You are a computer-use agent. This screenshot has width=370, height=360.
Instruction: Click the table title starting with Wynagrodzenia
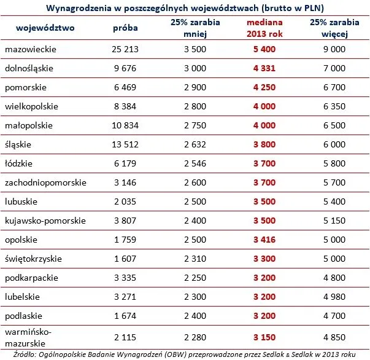(x=185, y=7)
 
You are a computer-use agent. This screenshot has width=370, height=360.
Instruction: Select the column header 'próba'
(x=125, y=28)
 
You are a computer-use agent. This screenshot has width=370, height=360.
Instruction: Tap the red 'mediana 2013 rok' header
(x=263, y=28)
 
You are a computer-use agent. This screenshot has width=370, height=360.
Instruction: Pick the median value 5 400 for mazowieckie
(x=263, y=49)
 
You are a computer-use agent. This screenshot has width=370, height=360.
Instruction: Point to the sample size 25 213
(x=125, y=49)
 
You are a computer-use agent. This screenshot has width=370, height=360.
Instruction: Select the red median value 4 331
(x=263, y=68)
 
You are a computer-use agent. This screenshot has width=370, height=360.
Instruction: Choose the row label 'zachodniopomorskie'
(x=45, y=182)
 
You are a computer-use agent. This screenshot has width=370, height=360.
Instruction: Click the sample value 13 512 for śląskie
(x=125, y=144)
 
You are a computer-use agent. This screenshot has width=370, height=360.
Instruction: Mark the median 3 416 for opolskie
(x=263, y=240)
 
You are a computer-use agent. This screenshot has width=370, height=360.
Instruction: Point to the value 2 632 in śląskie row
(x=195, y=144)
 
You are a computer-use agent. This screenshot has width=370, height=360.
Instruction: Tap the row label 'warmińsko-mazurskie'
(x=29, y=337)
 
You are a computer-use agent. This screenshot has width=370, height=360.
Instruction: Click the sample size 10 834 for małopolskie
(x=125, y=125)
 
